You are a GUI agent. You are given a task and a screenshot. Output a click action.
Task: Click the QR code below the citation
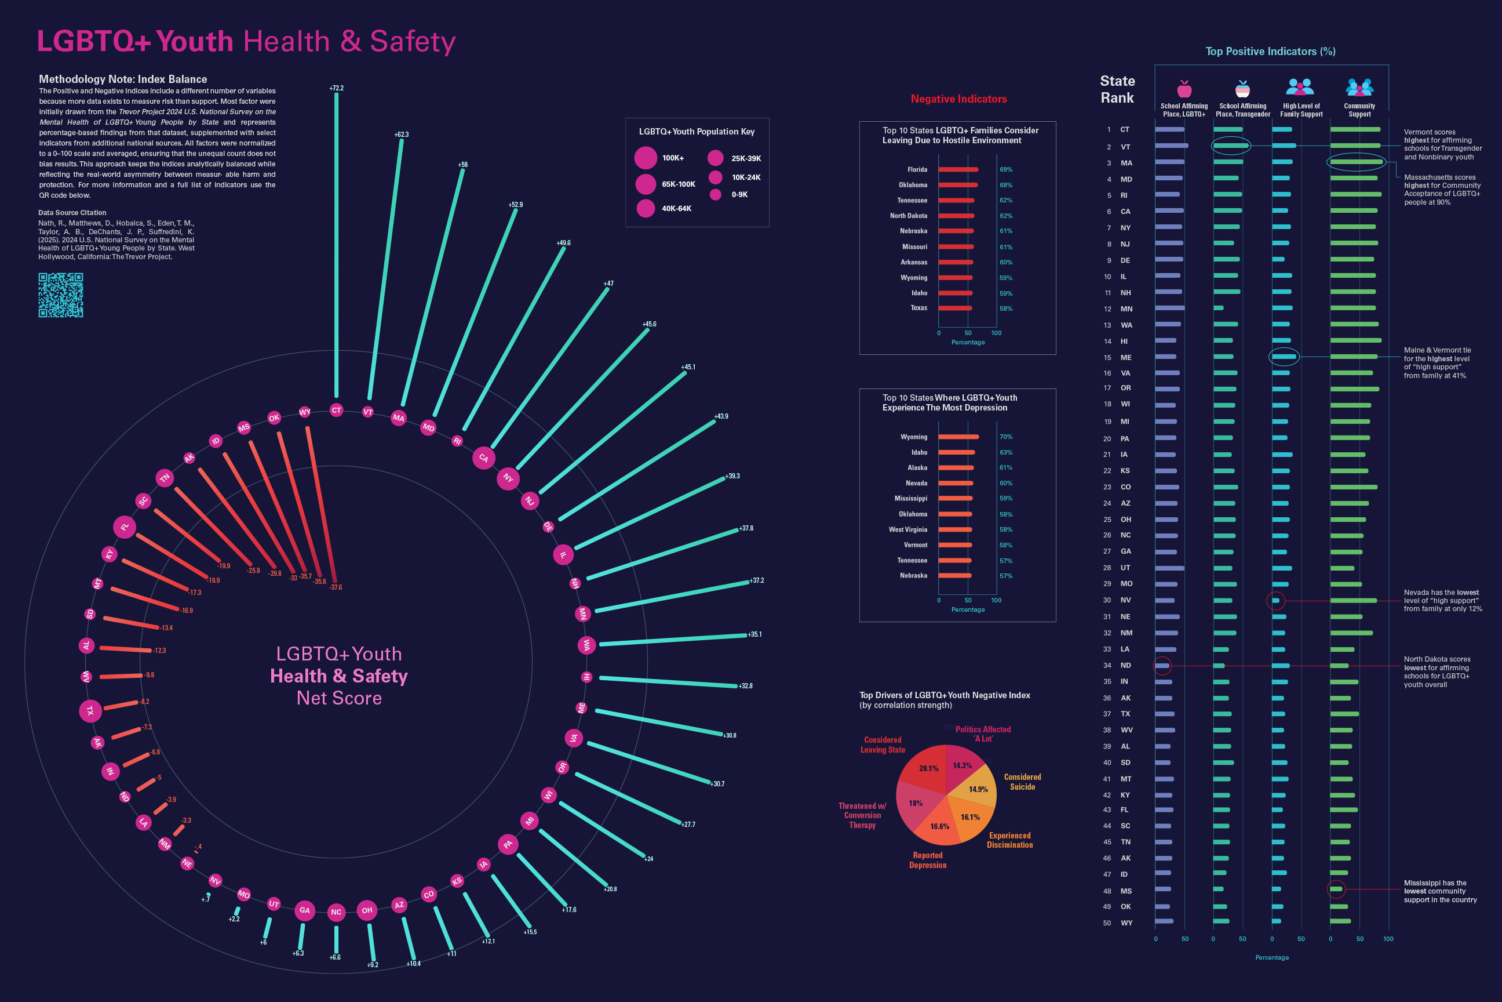pos(61,295)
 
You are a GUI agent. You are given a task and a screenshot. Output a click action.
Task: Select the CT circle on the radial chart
pos(337,411)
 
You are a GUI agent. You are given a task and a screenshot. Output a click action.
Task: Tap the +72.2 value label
pos(337,88)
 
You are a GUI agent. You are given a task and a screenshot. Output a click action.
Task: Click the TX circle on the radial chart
pos(90,710)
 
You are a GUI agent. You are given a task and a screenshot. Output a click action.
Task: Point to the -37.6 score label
pos(336,587)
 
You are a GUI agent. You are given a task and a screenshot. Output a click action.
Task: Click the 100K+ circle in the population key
pos(646,158)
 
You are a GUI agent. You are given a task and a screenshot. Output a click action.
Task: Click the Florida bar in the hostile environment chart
pos(958,169)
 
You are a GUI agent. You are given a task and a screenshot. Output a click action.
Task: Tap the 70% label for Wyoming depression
pos(1006,437)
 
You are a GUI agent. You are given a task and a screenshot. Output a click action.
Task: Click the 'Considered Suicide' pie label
pos(1022,782)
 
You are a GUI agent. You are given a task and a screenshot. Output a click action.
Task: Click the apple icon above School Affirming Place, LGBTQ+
pos(1184,88)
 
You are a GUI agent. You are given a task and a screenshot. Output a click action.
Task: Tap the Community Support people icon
pos(1359,87)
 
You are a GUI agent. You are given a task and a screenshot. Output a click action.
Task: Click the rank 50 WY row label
pos(1126,923)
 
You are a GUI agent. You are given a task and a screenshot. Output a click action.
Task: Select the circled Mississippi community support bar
pos(1336,890)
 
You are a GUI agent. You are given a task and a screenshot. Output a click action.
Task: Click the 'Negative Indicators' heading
pos(958,99)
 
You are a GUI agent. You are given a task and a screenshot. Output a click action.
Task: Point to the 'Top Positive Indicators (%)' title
pos(1270,52)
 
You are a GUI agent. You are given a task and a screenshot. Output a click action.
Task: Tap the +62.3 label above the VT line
pos(401,135)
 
